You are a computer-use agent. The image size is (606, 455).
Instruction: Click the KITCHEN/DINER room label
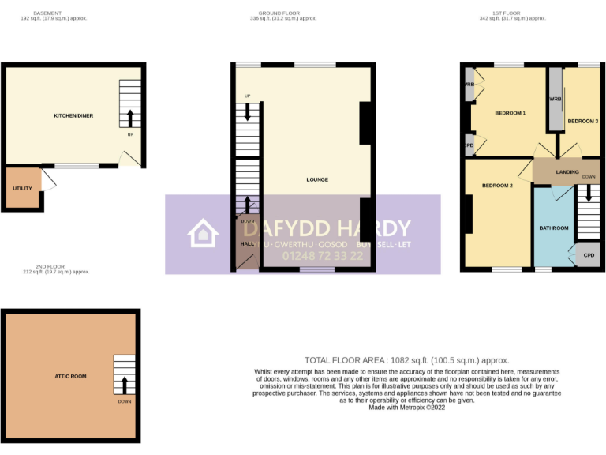(73, 116)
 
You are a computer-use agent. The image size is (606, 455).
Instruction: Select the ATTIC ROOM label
(70, 376)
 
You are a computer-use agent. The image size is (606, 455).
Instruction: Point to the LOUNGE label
(317, 179)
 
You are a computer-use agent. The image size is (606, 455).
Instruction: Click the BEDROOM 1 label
(510, 114)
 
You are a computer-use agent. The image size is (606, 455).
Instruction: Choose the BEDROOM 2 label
(497, 186)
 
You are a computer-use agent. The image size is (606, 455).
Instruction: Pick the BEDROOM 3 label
(583, 121)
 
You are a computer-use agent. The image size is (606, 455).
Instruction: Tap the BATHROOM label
(554, 228)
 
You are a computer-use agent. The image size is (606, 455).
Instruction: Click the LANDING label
(567, 171)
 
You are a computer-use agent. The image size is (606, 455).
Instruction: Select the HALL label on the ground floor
(245, 244)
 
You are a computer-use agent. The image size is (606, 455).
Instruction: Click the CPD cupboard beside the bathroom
(589, 255)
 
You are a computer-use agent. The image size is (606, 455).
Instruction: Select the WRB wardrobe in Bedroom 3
(555, 100)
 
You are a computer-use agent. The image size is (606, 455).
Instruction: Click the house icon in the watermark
(203, 235)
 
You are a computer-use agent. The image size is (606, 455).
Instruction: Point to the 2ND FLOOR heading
(56, 267)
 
